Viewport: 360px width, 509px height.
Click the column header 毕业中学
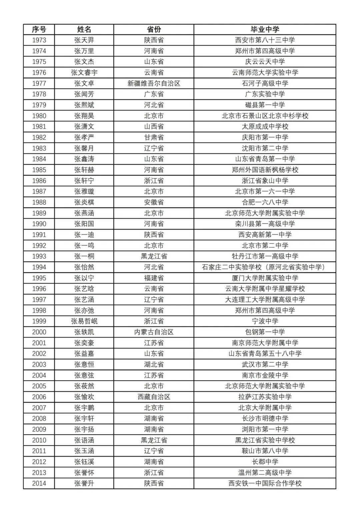(265, 29)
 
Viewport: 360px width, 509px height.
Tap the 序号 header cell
(39, 29)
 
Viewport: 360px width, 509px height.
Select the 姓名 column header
(84, 29)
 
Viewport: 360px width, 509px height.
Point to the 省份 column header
(154, 29)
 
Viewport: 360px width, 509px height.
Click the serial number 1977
(39, 83)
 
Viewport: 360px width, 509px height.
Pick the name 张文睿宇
(84, 73)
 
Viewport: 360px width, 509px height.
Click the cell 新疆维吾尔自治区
(154, 83)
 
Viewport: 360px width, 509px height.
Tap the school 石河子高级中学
(265, 83)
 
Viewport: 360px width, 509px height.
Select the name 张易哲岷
(84, 321)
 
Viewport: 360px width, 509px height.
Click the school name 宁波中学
(265, 321)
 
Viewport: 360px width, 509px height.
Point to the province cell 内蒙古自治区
(154, 332)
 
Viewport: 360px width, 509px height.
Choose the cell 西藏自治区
(154, 397)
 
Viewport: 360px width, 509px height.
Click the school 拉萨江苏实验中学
(265, 397)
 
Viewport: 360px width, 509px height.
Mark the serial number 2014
(39, 483)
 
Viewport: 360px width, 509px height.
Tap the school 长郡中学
(265, 462)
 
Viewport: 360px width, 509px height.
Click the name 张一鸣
(84, 246)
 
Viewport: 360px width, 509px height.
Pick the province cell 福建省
(154, 278)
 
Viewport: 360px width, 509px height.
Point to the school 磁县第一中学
(265, 105)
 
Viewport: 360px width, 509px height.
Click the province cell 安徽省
(154, 202)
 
